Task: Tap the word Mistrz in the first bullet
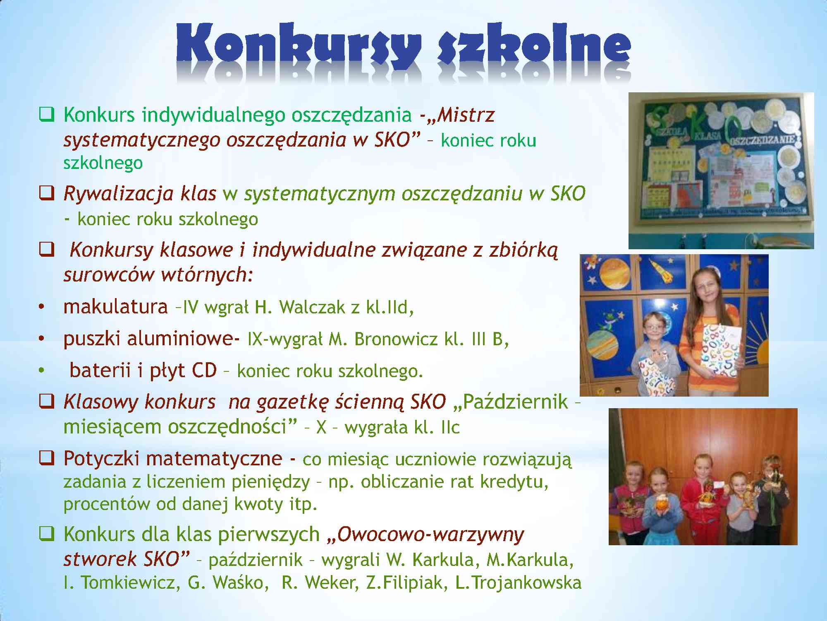tap(466, 115)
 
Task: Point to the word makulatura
tap(115, 307)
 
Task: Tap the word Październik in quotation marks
tap(515, 402)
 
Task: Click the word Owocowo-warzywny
tap(430, 535)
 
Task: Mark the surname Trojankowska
tap(519, 582)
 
